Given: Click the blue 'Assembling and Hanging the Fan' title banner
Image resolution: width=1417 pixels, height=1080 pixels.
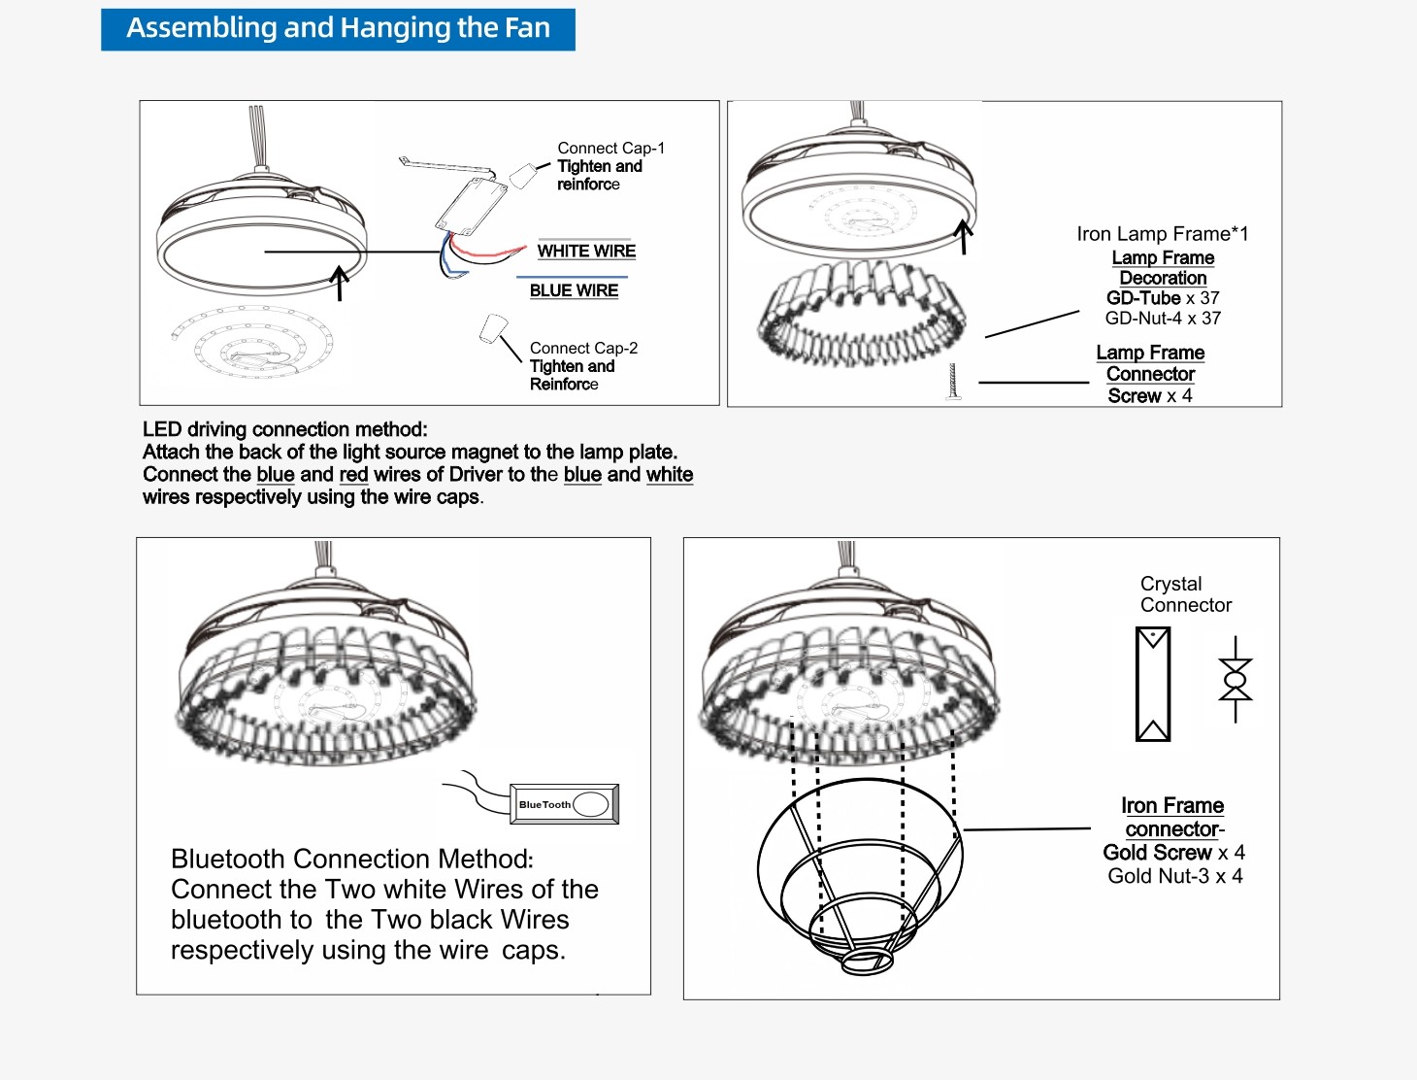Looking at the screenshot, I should coord(338,29).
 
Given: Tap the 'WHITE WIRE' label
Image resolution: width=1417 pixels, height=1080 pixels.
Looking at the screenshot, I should coord(586,251).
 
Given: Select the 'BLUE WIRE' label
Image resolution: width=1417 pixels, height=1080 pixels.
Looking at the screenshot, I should coord(574,290).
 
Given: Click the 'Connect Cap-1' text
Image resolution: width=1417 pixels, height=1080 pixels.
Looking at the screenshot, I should coord(610,148).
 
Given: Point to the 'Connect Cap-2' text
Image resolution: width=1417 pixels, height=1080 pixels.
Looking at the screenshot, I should coord(583,348).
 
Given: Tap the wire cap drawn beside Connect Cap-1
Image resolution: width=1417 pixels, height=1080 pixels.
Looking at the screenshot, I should coord(523,176).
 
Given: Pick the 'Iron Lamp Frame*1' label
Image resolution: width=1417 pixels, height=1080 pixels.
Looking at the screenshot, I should coord(1162,234).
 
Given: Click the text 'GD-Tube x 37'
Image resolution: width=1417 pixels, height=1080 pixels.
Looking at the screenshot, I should coord(1163,298).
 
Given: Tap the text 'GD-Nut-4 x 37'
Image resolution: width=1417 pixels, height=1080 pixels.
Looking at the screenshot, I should coord(1163,319).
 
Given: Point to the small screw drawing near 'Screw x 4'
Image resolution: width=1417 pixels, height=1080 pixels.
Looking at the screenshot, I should coord(953,382).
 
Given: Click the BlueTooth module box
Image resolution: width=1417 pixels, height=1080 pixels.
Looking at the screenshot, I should coord(564,804).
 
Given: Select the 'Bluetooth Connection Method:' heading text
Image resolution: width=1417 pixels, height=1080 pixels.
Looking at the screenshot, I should coord(351,860).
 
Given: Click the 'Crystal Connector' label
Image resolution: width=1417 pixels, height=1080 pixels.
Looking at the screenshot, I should coord(1185,594).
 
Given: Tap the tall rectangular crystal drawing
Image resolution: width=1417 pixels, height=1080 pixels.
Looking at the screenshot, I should coord(1153,684).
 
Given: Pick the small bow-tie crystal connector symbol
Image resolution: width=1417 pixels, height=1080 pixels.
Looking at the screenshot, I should coord(1236,680).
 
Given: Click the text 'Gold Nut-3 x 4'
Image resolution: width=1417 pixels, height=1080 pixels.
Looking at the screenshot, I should coord(1174,876).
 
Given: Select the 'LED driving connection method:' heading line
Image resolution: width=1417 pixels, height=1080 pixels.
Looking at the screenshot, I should coord(284,429).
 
